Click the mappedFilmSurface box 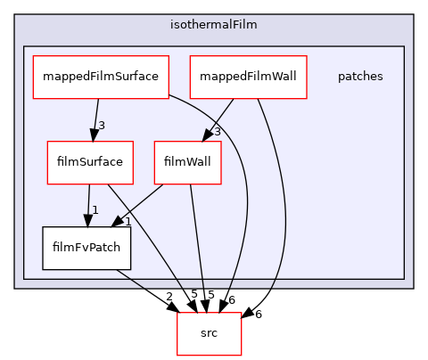[x=96, y=77]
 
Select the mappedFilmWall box [x=248, y=77]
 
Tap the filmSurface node [x=90, y=162]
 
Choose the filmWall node [x=187, y=162]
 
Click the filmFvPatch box [x=86, y=248]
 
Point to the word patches [x=360, y=77]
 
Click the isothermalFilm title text [x=213, y=25]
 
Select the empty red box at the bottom [x=210, y=333]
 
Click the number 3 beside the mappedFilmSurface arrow [x=102, y=125]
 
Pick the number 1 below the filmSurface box [x=95, y=210]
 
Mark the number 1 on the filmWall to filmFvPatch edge [x=128, y=220]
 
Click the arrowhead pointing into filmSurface [x=92, y=135]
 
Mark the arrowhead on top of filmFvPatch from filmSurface [x=87, y=220]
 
